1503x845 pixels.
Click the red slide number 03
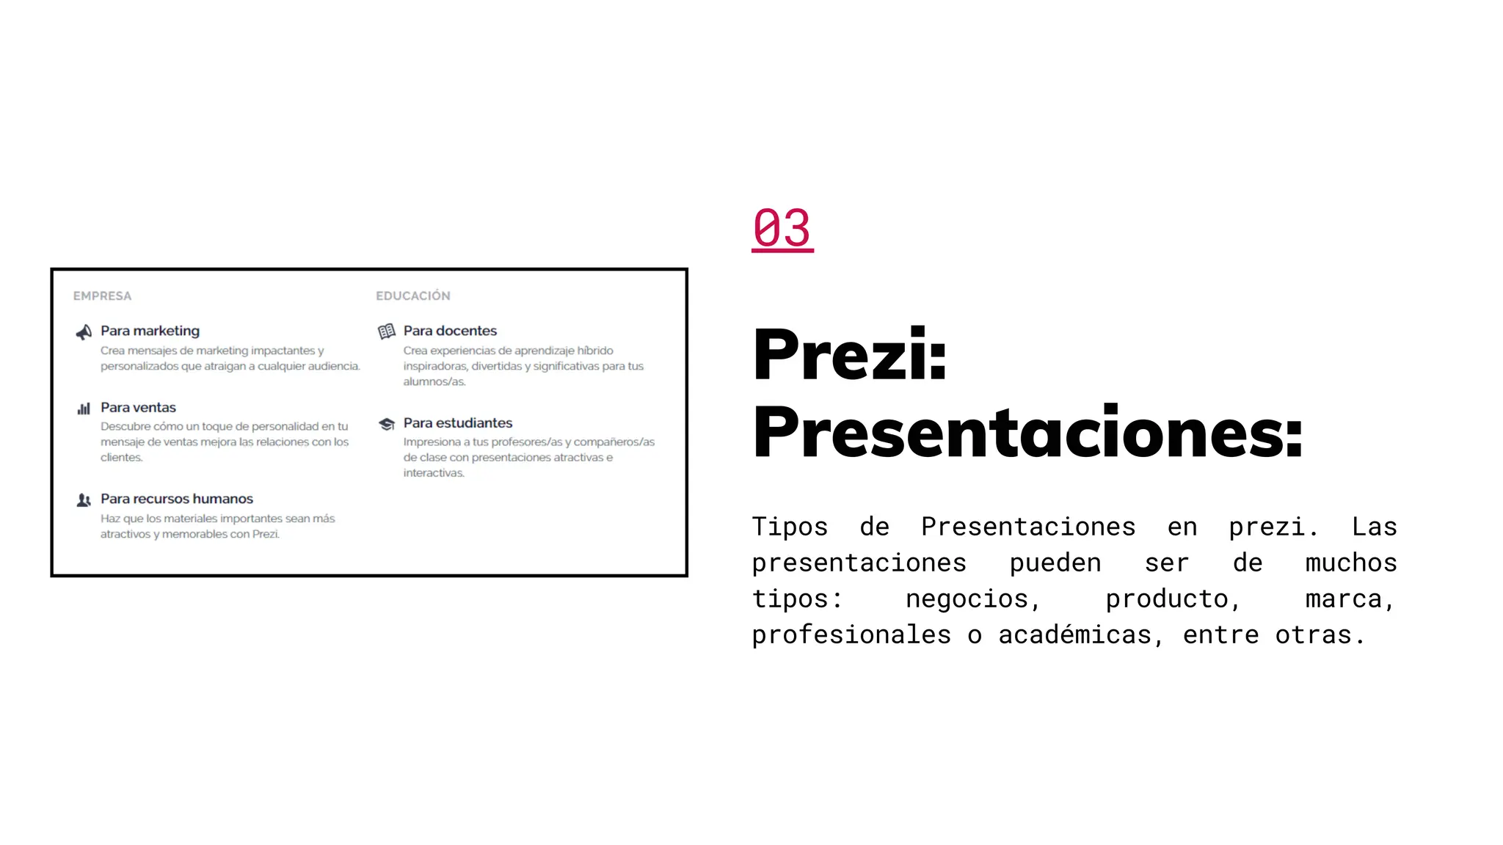(x=782, y=228)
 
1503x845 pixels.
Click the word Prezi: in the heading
(x=850, y=355)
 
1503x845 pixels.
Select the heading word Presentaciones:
(x=1027, y=433)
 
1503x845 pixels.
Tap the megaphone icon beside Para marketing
(x=84, y=332)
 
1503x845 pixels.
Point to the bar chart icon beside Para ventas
(x=84, y=409)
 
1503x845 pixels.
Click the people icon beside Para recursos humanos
(x=84, y=500)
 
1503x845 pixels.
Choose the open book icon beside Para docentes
(x=387, y=332)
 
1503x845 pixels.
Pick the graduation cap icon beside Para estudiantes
(x=387, y=424)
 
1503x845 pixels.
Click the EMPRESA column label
(x=102, y=296)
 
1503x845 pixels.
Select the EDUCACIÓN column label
(x=413, y=296)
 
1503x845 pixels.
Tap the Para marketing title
(x=150, y=331)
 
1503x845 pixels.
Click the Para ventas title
(x=138, y=408)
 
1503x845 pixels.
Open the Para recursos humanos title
(x=177, y=499)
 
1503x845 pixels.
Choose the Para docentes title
(x=450, y=331)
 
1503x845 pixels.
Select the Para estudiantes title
(x=458, y=423)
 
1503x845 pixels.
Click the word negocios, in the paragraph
(x=973, y=599)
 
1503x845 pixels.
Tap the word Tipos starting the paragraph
(x=790, y=527)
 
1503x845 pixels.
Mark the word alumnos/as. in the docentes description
(x=434, y=382)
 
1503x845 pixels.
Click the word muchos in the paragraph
(x=1350, y=563)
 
